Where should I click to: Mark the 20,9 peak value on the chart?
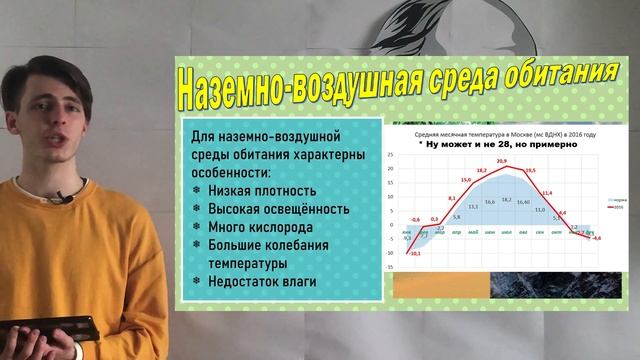pyautogui.click(x=501, y=161)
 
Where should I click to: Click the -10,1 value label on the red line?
pyautogui.click(x=411, y=255)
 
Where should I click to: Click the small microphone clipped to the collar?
pyautogui.click(x=61, y=197)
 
